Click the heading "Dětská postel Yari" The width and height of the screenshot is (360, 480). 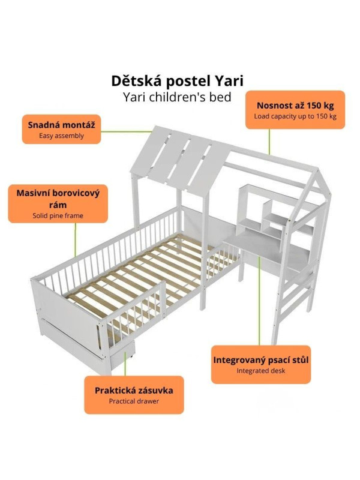(x=178, y=81)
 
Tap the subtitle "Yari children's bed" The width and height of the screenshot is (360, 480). (x=178, y=97)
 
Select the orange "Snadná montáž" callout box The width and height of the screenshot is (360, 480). (x=62, y=129)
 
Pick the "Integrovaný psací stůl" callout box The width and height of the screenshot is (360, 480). (x=261, y=364)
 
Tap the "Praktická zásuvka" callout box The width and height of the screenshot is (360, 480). (x=134, y=395)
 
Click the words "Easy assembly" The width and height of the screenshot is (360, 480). (x=62, y=136)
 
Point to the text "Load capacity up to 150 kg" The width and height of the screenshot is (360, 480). (x=295, y=116)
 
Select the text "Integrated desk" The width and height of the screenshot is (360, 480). (x=261, y=371)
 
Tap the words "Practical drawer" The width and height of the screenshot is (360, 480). (x=134, y=401)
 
